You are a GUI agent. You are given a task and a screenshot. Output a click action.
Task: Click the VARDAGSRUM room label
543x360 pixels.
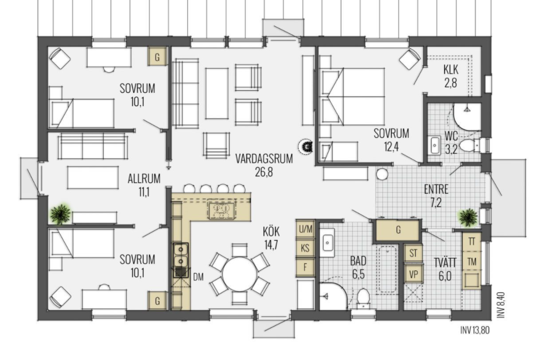pos(264,159)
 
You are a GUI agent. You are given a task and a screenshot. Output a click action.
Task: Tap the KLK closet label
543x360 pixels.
pos(450,70)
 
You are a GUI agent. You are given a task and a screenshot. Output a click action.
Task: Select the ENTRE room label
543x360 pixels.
pos(436,189)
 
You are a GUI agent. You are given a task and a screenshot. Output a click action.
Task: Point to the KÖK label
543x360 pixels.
pos(271,232)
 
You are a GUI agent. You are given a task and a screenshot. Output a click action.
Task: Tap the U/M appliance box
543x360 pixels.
pos(305,229)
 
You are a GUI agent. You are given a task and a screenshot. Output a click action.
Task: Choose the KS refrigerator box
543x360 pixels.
pos(305,248)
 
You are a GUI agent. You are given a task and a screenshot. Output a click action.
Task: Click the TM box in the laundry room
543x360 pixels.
pos(472,262)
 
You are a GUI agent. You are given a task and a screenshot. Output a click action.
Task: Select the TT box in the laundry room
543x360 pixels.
pos(472,242)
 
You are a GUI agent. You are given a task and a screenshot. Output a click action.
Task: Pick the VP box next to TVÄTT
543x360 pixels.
pos(413,274)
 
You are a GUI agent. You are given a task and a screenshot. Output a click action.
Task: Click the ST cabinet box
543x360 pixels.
pos(413,253)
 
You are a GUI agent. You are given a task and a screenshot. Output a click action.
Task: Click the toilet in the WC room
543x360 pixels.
pos(471,145)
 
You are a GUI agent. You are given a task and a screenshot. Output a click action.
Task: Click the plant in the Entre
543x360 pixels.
pos(468,217)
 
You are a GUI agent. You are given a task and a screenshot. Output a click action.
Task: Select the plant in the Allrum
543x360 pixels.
pos(61,214)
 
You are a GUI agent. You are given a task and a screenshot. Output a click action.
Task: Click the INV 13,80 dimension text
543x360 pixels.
pos(475,330)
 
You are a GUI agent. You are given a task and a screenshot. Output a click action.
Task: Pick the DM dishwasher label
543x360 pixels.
pos(198,277)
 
